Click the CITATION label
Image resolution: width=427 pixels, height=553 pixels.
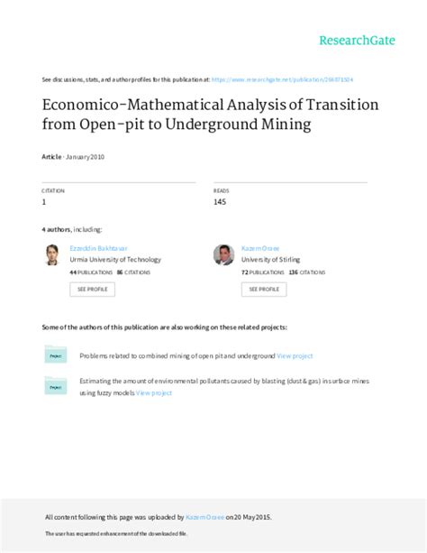53,190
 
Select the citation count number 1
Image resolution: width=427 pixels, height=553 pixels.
45,202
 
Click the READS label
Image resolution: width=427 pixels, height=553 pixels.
222,190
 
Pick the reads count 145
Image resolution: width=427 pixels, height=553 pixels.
220,202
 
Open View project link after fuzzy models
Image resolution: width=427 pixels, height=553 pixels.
154,393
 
